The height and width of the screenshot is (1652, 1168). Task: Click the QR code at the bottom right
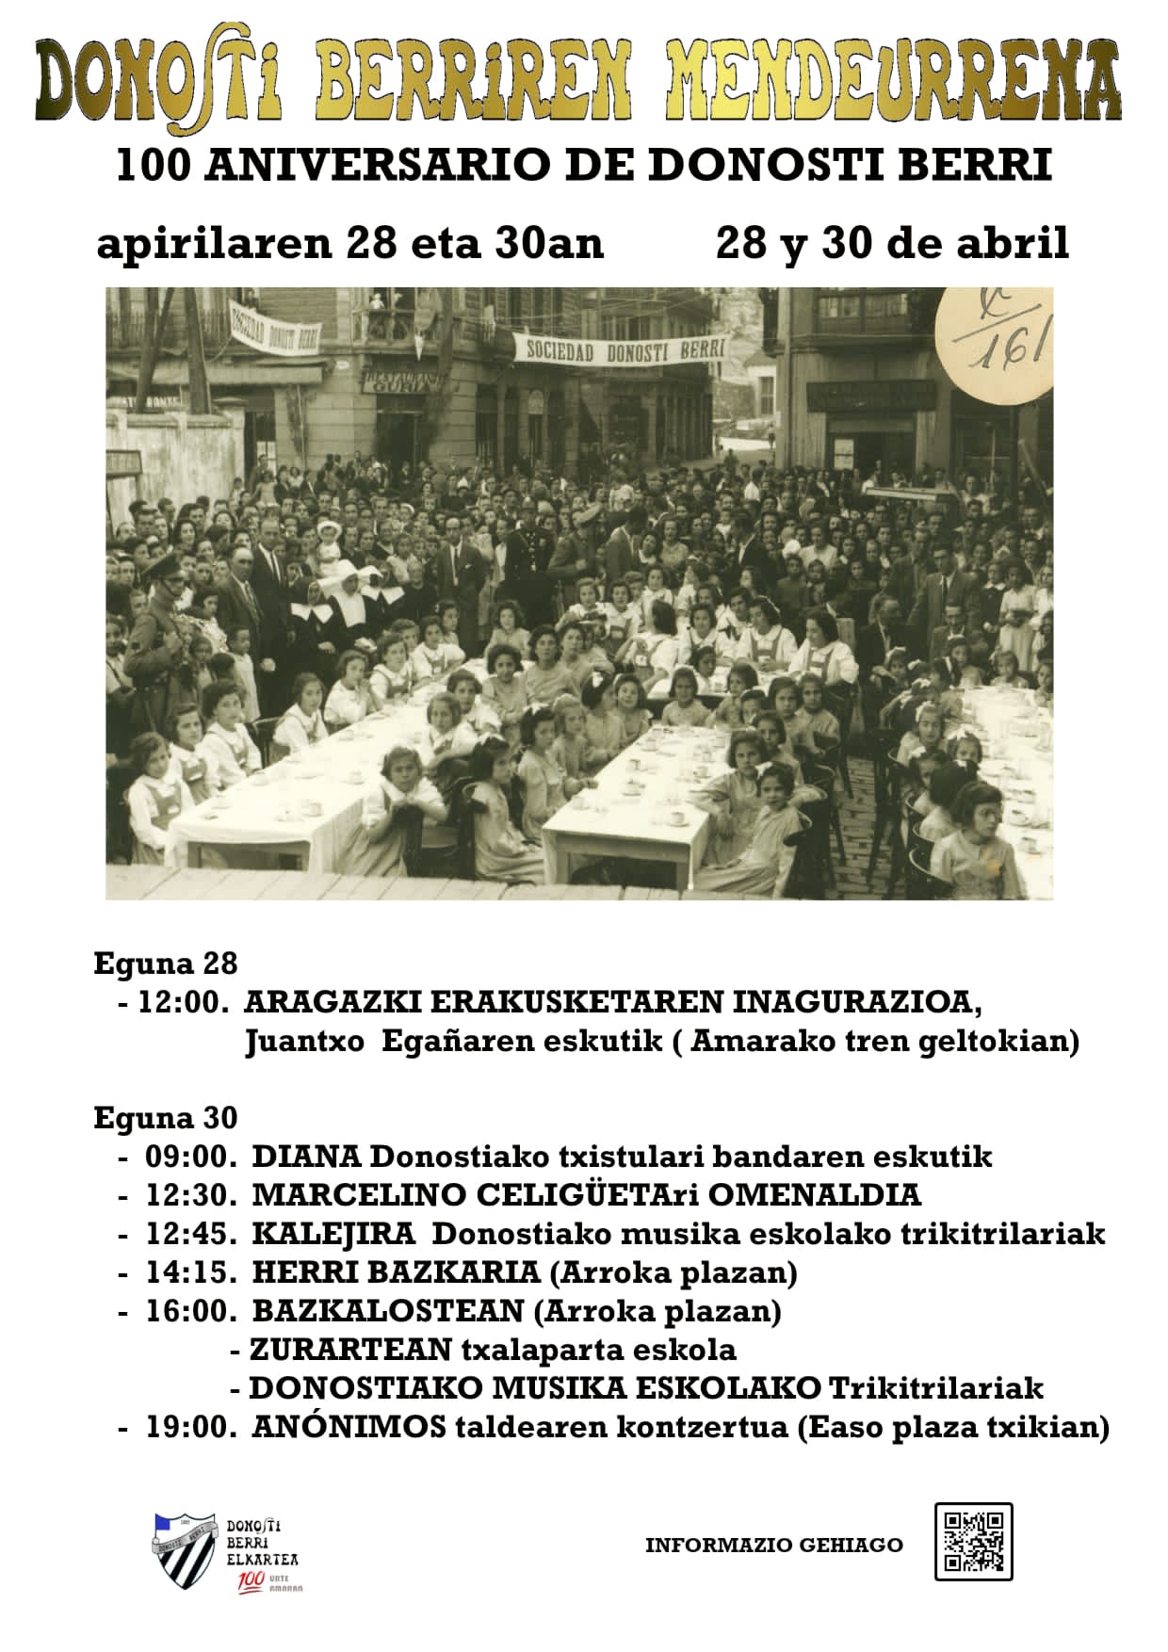973,1541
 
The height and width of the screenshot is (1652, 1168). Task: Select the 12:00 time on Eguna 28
183,1002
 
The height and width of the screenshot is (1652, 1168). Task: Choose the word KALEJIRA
333,1233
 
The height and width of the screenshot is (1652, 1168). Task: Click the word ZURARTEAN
350,1350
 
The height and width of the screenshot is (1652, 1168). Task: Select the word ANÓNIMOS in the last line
349,1427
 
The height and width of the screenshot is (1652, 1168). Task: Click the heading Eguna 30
166,1118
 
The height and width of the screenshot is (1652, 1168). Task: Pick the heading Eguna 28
166,964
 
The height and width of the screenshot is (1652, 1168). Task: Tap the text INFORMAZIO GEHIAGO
773,1545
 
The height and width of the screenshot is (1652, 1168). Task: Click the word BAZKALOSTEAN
387,1310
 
